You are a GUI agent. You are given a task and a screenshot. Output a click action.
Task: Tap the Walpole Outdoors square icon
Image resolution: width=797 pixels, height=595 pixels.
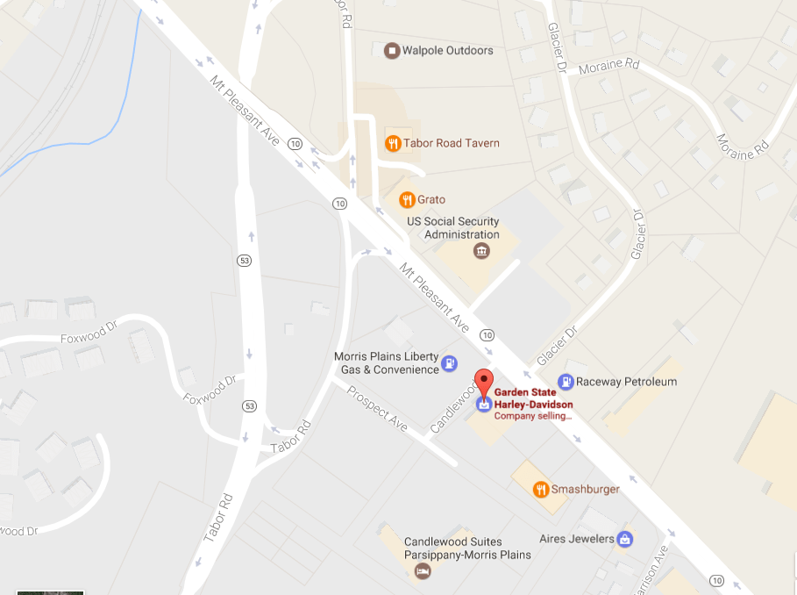392,50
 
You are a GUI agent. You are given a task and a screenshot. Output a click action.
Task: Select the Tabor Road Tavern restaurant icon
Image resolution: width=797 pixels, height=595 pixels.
393,143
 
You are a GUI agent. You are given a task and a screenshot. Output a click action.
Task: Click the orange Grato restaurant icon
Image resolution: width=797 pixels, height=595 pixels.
406,200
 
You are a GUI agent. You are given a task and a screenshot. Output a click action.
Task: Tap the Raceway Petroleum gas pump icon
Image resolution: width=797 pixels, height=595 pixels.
567,382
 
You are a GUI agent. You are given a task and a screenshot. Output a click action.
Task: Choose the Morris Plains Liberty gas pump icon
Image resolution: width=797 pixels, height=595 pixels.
449,362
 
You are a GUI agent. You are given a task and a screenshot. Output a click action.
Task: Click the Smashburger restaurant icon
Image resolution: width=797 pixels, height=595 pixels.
541,490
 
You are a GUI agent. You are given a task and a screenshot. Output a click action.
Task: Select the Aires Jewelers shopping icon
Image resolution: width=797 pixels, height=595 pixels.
624,539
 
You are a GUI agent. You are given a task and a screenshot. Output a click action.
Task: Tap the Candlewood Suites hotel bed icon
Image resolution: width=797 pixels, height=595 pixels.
423,572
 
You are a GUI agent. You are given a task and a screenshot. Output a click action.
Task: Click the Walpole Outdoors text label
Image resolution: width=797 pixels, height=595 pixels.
447,51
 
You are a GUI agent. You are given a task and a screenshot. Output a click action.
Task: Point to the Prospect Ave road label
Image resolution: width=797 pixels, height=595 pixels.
377,408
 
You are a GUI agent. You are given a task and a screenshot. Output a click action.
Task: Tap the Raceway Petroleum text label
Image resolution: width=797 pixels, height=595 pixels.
626,383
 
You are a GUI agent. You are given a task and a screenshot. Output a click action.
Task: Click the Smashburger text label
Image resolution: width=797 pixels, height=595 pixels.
585,490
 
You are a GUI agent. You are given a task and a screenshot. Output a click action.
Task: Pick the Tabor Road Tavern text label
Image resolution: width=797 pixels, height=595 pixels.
451,143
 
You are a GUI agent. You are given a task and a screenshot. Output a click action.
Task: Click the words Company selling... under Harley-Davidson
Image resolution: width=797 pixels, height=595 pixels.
533,416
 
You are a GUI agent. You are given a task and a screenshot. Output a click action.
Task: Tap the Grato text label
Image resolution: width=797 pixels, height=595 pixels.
431,200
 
